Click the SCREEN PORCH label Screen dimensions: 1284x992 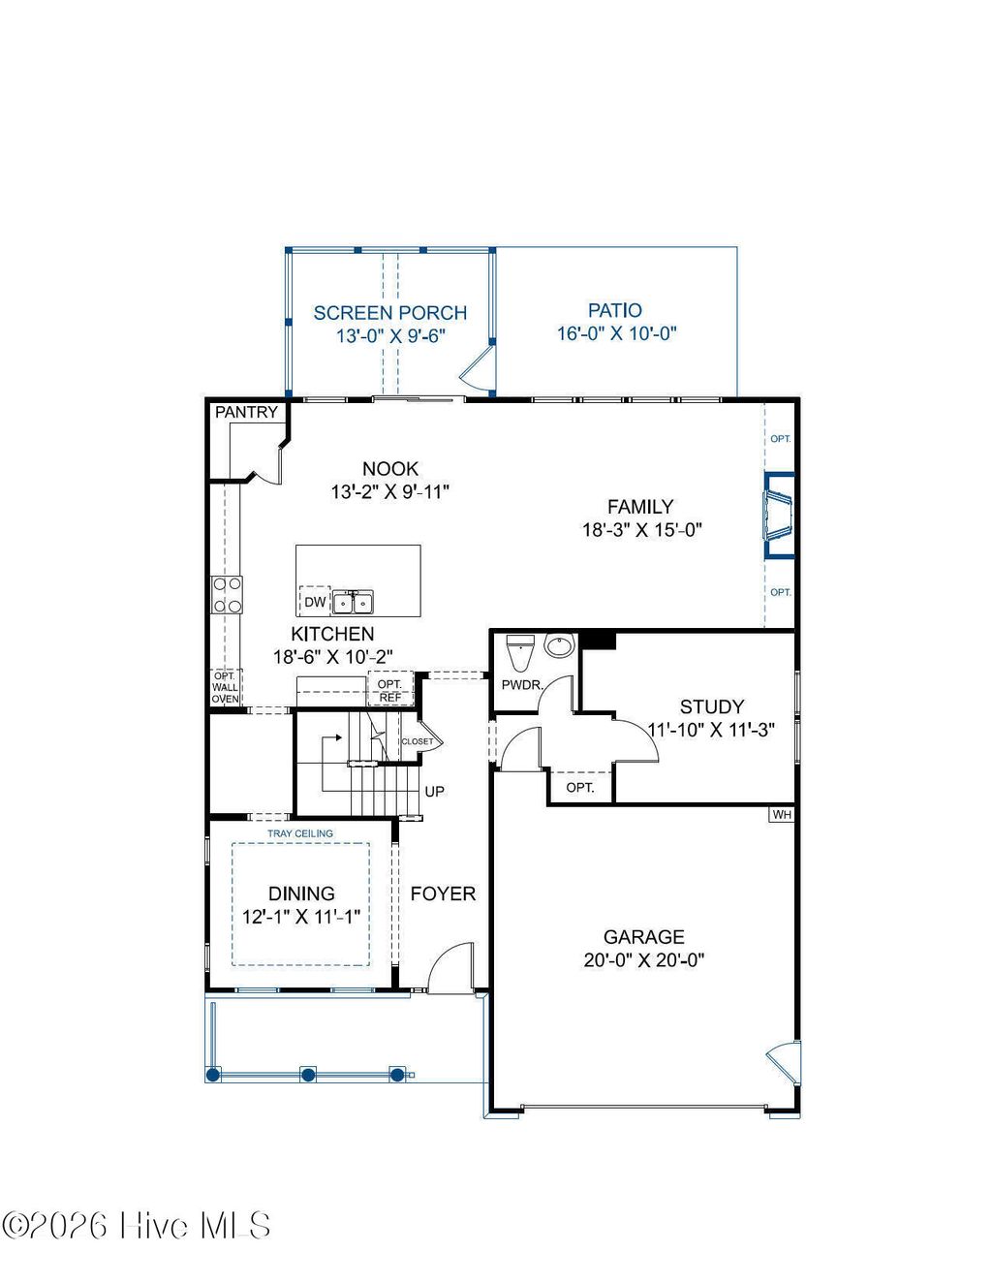pos(389,313)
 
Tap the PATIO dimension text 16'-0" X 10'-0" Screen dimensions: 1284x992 pos(616,333)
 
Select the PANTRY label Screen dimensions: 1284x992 pos(246,412)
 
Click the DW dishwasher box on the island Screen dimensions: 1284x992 pos(315,602)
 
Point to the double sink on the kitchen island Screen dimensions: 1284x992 pos(354,603)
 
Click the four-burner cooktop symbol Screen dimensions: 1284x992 pos(227,594)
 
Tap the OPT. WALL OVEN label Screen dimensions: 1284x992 pos(225,688)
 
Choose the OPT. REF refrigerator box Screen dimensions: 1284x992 pos(389,690)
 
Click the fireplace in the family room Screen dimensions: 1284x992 pos(779,516)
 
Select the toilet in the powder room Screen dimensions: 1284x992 pos(520,652)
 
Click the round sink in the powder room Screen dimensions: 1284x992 pos(559,645)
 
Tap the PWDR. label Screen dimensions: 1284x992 pos(521,685)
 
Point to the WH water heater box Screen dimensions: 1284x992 pos(782,815)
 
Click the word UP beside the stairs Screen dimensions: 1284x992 pos(435,792)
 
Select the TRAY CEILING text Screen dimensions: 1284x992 pos(300,833)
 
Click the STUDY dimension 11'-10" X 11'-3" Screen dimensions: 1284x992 pos(711,730)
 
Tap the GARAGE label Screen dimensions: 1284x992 pos(643,936)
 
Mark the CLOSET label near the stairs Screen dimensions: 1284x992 pos(418,741)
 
